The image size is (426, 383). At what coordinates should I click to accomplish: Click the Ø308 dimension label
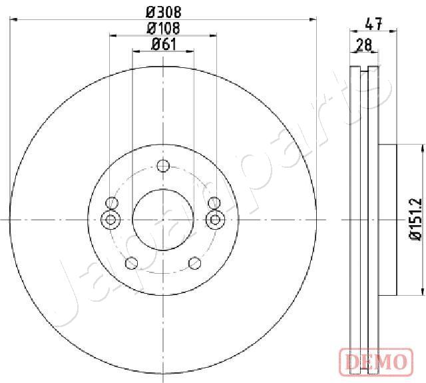pos(163,12)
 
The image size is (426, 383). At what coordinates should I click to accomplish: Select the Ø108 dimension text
pos(163,28)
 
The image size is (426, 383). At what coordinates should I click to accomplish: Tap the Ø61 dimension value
pos(164,44)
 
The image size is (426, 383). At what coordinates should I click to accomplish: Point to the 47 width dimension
pos(373,24)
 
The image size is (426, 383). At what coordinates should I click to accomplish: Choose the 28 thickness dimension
pos(364,45)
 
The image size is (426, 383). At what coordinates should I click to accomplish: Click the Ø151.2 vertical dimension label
pos(416,219)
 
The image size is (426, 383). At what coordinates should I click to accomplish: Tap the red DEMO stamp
pos(377,361)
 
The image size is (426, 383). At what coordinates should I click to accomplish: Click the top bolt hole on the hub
pos(163,166)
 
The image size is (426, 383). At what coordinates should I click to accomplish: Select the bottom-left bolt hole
pos(132,263)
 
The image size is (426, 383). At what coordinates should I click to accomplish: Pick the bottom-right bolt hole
pos(195,263)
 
